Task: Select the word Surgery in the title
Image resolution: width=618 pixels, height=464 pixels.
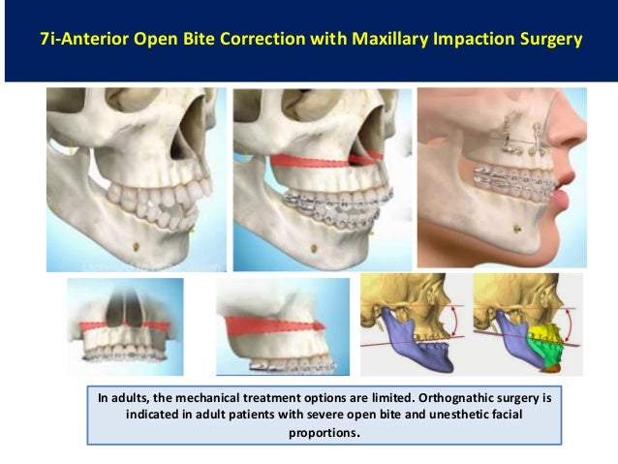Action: pyautogui.click(x=547, y=40)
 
